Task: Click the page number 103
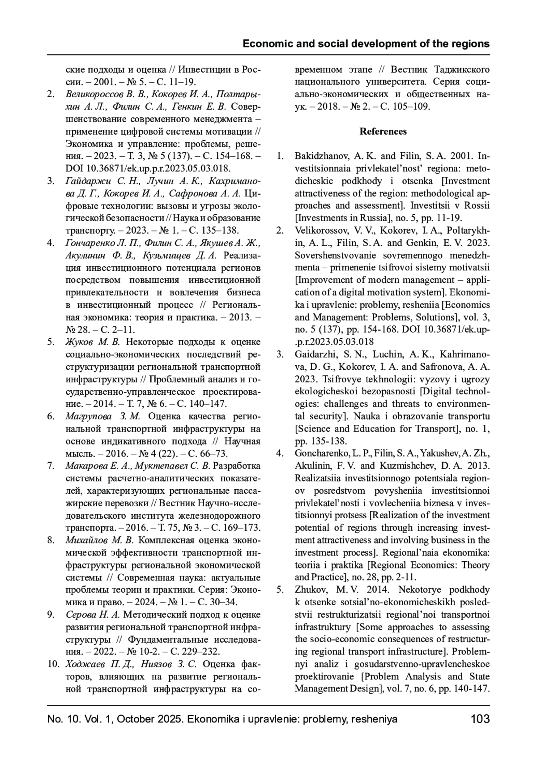coord(480,719)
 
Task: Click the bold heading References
coord(383,131)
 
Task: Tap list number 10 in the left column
coord(53,663)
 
